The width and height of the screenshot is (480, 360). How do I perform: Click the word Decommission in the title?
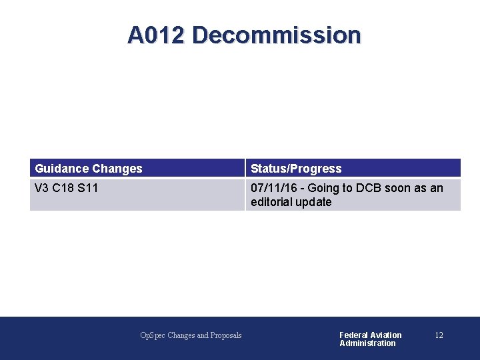(276, 35)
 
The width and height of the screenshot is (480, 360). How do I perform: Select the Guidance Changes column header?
(89, 169)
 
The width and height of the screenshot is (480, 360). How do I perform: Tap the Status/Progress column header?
(296, 169)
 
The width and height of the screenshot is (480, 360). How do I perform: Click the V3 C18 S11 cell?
(67, 188)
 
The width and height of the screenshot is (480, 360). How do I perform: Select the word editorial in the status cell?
(272, 202)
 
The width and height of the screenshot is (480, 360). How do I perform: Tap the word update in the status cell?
(314, 202)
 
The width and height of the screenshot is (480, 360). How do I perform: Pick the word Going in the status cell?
(323, 188)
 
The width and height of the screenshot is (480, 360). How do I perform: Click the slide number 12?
(439, 335)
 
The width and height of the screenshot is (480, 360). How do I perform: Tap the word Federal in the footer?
(354, 335)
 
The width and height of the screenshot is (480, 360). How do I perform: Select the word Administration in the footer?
(367, 343)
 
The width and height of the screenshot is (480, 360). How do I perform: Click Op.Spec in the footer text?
(153, 335)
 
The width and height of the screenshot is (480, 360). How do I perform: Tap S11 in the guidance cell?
(88, 188)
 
